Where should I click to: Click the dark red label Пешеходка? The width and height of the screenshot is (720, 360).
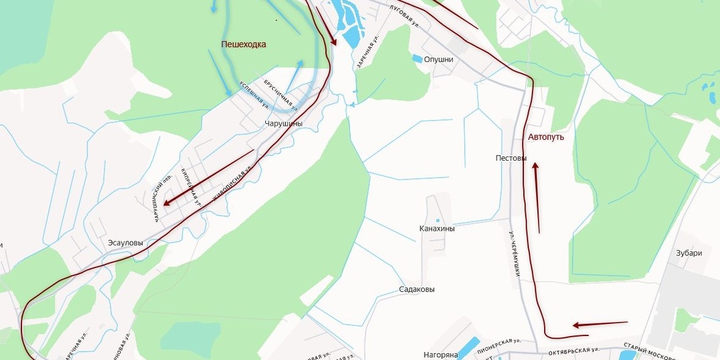(243, 45)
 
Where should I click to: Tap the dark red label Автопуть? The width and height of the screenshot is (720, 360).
(546, 137)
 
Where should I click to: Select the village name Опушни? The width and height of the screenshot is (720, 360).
(439, 59)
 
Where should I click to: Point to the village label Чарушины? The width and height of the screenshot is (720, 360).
(283, 124)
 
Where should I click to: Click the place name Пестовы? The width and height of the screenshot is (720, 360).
(511, 159)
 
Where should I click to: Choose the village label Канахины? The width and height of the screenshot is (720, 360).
(437, 229)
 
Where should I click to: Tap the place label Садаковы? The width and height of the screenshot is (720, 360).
(417, 290)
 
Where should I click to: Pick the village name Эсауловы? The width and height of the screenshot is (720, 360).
(125, 243)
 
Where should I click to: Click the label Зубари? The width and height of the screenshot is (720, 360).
(689, 253)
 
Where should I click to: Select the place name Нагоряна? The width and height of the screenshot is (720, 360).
(441, 355)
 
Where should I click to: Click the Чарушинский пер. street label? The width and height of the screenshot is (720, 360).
(158, 199)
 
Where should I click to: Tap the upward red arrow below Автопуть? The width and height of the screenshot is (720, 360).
(537, 197)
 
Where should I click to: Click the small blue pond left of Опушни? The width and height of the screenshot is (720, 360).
(417, 59)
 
